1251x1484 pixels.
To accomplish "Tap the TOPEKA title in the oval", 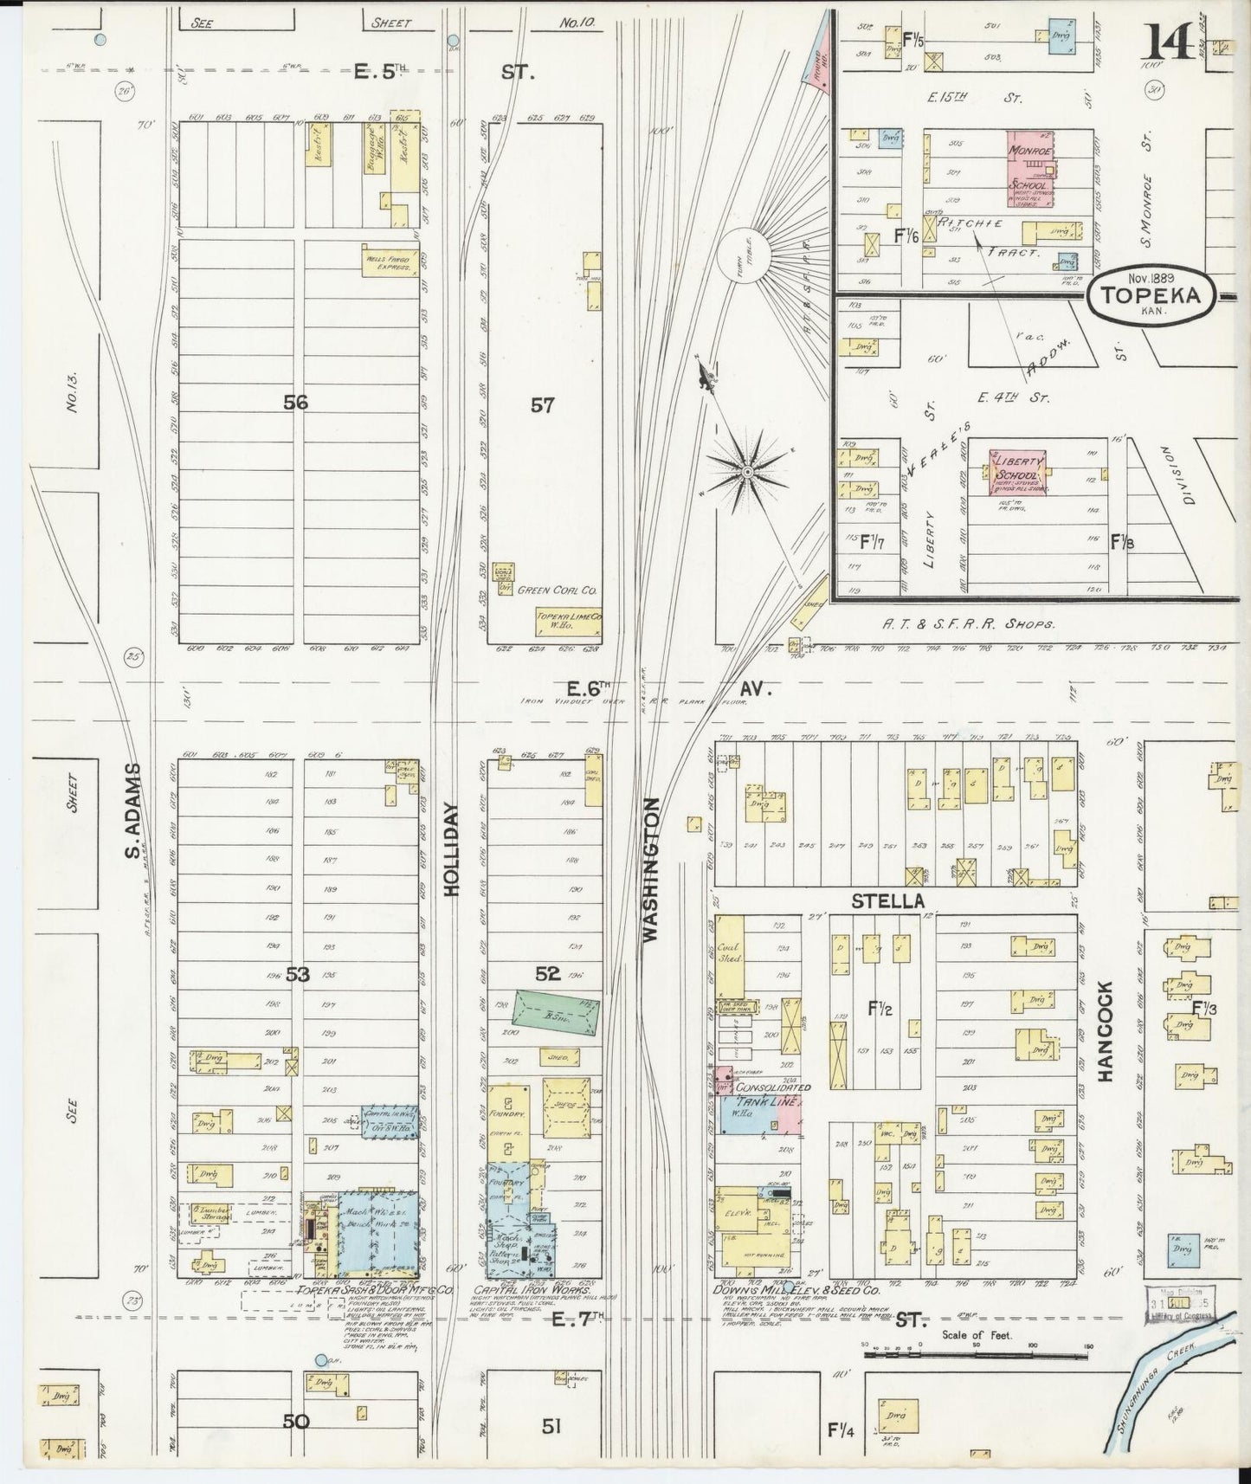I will (x=1150, y=295).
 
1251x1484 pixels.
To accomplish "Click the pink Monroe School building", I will (x=1030, y=168).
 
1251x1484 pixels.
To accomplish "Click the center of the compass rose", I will (x=745, y=470).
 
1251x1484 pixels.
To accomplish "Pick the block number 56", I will (x=296, y=403).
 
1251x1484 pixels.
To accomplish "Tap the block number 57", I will (x=542, y=404).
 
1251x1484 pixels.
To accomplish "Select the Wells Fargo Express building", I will (x=386, y=260).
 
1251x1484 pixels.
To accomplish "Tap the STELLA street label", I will (x=887, y=901).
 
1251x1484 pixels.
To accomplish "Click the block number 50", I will (x=296, y=1421).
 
